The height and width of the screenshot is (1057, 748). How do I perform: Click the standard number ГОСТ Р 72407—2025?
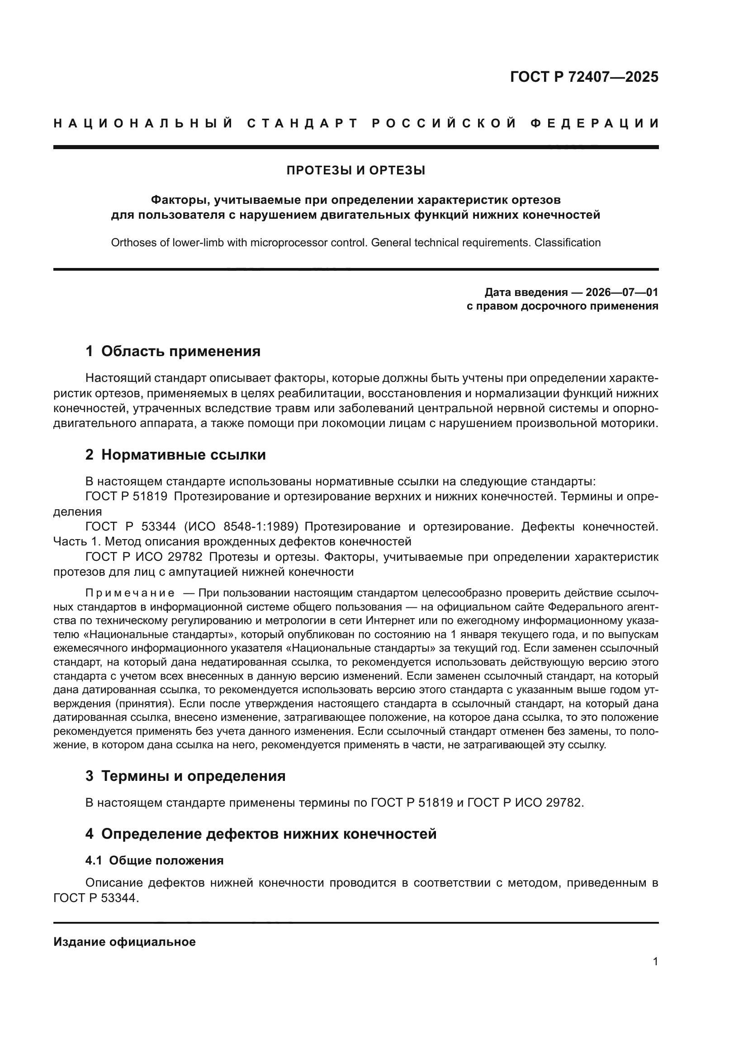tap(584, 77)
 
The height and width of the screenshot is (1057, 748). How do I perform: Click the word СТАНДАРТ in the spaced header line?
tap(303, 123)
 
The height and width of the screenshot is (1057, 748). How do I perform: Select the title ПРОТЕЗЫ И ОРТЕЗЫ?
tap(355, 171)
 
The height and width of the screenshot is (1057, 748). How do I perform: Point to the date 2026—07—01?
tap(621, 292)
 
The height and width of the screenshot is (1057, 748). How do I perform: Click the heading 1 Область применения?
tap(173, 351)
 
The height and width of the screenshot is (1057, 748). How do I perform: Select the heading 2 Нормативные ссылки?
tap(175, 455)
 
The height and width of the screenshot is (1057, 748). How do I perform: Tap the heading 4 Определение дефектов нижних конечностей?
tap(260, 834)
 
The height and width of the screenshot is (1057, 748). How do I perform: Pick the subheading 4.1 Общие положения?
tap(154, 860)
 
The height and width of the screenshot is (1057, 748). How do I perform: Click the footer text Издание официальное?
tap(124, 942)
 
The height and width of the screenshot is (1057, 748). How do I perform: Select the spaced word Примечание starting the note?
tap(130, 593)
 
